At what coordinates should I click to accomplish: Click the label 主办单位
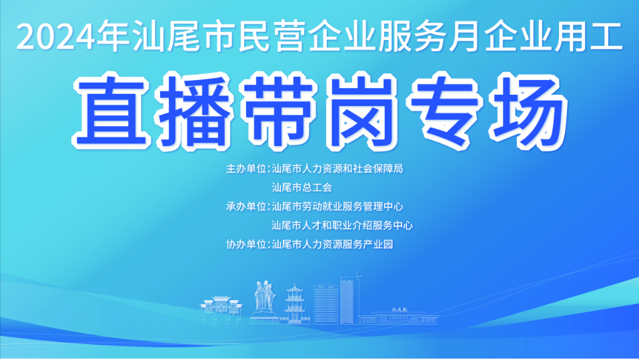[246, 169]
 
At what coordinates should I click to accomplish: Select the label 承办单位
[246, 206]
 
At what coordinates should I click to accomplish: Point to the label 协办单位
[246, 244]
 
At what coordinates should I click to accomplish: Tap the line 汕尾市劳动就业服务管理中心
[338, 206]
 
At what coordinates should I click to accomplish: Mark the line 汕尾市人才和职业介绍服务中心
[342, 225]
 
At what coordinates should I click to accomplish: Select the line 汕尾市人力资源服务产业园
[333, 244]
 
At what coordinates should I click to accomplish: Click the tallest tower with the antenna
[348, 299]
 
